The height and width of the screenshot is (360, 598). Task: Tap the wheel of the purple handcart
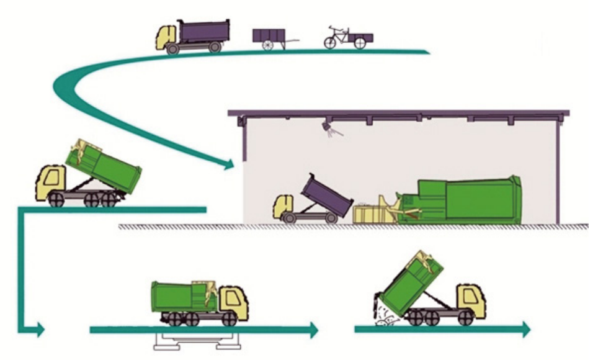pyautogui.click(x=268, y=45)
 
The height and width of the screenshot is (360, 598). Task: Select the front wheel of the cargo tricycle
pyautogui.click(x=331, y=42)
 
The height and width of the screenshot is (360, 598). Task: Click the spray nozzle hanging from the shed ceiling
pyautogui.click(x=327, y=128)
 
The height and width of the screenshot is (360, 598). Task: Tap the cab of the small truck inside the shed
pyautogui.click(x=284, y=206)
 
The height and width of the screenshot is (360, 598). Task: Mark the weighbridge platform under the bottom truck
pyautogui.click(x=194, y=341)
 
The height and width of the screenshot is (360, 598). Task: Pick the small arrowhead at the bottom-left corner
pyautogui.click(x=40, y=329)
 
